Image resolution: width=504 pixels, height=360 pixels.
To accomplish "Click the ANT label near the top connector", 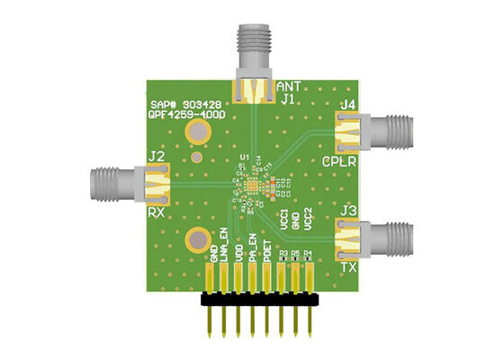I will tap(287, 85).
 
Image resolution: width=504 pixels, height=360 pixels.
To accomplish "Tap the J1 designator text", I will tap(287, 99).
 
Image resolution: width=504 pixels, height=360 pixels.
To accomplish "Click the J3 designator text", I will tap(348, 211).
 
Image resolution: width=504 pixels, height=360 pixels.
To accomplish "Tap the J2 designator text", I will tap(156, 157).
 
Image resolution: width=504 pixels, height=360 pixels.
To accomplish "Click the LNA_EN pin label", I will tap(224, 247).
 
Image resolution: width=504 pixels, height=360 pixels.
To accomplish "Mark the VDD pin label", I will tap(238, 253).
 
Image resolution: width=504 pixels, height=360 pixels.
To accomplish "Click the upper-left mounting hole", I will tap(198, 134).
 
